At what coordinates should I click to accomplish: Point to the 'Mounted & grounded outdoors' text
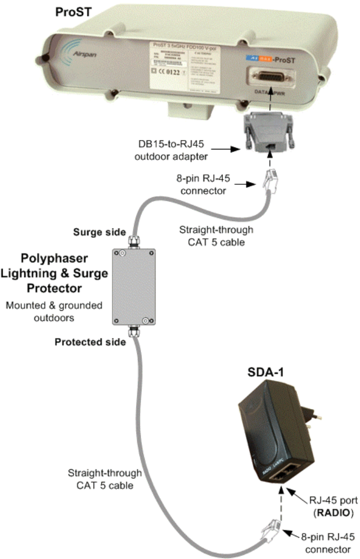pos(54,310)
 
